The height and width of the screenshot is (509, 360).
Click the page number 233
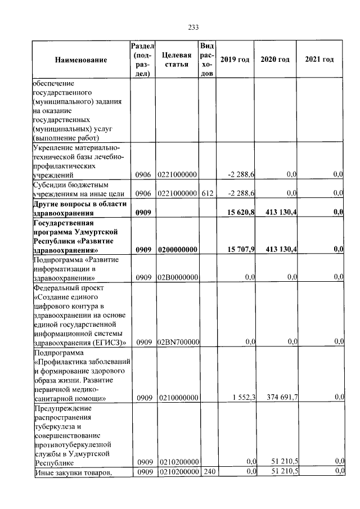pyautogui.click(x=193, y=27)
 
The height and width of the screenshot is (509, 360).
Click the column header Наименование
pyautogui.click(x=81, y=60)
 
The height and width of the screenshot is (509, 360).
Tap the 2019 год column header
pyautogui.click(x=235, y=60)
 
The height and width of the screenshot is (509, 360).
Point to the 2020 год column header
pyautogui.click(x=275, y=60)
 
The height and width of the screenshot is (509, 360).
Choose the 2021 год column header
pyautogui.click(x=319, y=60)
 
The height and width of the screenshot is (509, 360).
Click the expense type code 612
pyautogui.click(x=208, y=193)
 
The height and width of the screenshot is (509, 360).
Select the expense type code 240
pyautogui.click(x=208, y=471)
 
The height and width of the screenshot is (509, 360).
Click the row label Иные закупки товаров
pyautogui.click(x=71, y=471)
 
